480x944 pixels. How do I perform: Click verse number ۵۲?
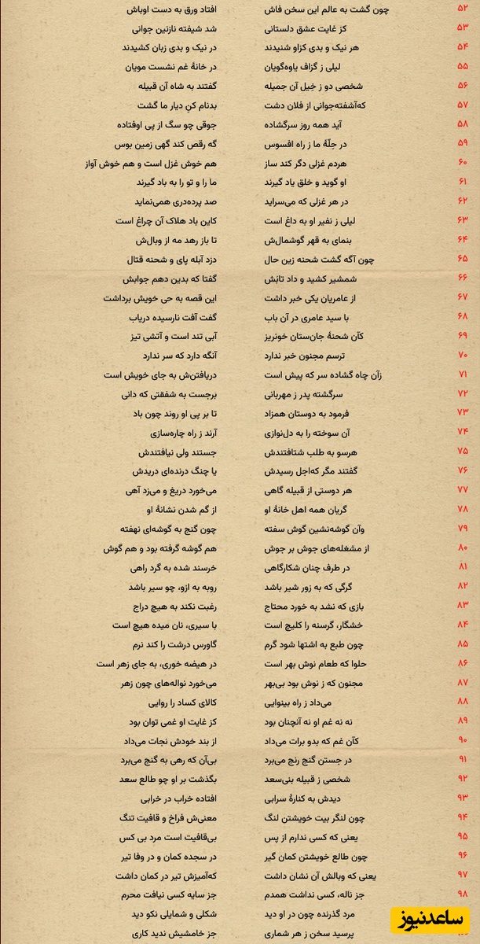click(463, 9)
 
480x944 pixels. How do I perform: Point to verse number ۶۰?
click(463, 163)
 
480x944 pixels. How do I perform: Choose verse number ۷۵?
click(463, 452)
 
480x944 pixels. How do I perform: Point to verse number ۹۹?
click(463, 913)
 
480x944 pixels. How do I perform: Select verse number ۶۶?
click(463, 278)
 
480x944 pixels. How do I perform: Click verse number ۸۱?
click(463, 567)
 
